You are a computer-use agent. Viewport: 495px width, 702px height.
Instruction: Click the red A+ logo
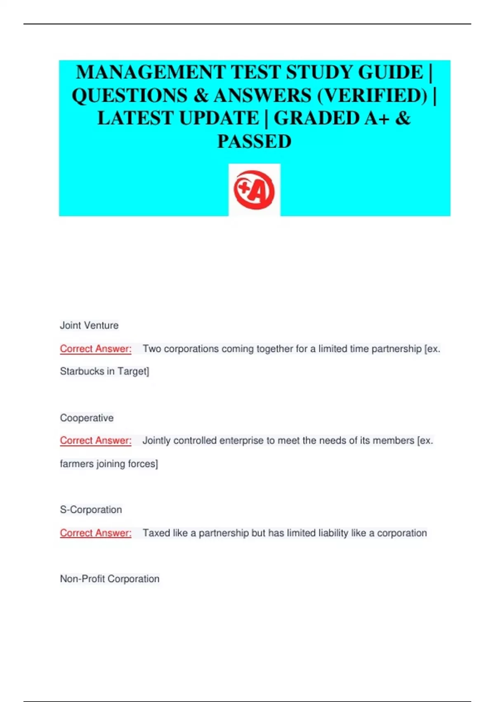tap(254, 190)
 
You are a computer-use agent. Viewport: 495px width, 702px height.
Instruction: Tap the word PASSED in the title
tap(254, 142)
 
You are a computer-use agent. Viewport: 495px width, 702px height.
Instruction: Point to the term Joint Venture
tap(89, 325)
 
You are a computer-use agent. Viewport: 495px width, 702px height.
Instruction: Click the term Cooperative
tap(87, 418)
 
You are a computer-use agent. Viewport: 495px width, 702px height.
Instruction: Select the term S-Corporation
tap(91, 510)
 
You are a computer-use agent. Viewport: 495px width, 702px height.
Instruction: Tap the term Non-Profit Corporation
tap(110, 579)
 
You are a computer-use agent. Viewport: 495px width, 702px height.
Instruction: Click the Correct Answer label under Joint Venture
tap(96, 349)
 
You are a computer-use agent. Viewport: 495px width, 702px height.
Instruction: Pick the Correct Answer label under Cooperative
tap(96, 441)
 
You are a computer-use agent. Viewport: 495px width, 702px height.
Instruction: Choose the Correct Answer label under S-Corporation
tap(96, 533)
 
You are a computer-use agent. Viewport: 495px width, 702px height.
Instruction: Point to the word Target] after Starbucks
tap(133, 371)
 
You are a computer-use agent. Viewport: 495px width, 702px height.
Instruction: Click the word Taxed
tap(156, 533)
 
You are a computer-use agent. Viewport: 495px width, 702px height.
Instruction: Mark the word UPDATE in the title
tap(219, 119)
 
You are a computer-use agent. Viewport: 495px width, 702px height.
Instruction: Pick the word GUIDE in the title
tap(391, 72)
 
